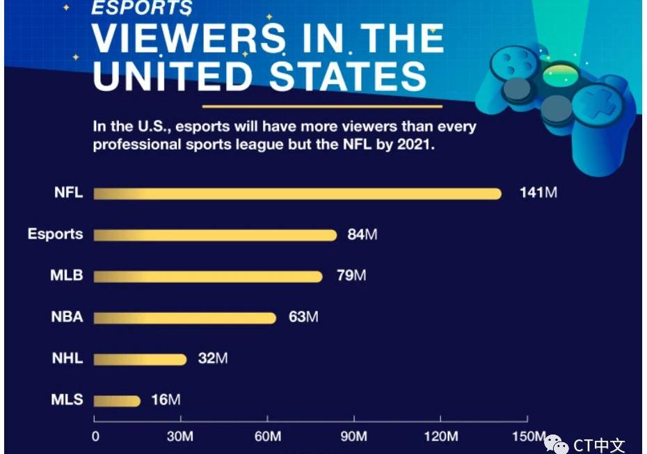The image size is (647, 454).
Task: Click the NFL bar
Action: [297, 193]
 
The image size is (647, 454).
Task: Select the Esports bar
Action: [215, 235]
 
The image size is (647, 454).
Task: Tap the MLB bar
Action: [208, 276]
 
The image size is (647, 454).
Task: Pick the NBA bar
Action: [184, 318]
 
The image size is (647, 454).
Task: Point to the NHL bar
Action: [140, 359]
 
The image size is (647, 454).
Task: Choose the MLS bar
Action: [117, 400]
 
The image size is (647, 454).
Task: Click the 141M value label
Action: [538, 193]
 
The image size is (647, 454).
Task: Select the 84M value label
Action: [362, 234]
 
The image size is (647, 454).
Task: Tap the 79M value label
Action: [351, 275]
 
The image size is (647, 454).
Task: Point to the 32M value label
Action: [213, 359]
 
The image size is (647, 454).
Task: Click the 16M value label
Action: [166, 400]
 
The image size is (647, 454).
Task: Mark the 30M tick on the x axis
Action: [181, 437]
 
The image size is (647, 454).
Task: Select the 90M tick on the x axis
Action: [354, 437]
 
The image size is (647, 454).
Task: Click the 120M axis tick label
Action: [441, 437]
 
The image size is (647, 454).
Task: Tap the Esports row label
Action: [55, 234]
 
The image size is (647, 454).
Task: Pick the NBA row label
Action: [67, 317]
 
